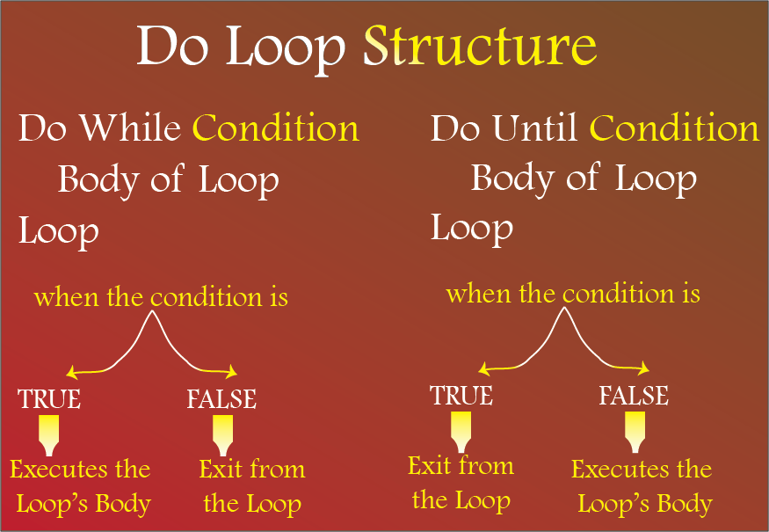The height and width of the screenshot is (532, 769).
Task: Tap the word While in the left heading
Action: click(130, 128)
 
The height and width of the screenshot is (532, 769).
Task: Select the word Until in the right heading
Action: click(534, 128)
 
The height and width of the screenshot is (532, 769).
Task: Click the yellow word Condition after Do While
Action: click(276, 128)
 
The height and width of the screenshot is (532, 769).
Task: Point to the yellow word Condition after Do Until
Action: click(674, 128)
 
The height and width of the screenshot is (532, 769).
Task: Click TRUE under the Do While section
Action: click(49, 398)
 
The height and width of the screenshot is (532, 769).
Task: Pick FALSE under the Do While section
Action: click(221, 398)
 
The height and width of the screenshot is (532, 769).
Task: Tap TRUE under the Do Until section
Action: click(461, 395)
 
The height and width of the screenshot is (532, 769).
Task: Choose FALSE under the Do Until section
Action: click(634, 395)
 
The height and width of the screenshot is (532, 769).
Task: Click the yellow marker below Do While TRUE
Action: click(48, 435)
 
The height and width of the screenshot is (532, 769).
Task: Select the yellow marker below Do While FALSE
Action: click(222, 435)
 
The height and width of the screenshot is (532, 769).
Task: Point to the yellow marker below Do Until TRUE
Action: click(461, 432)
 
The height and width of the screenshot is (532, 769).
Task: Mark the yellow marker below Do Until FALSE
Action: click(635, 432)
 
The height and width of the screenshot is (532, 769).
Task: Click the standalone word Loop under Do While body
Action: click(58, 231)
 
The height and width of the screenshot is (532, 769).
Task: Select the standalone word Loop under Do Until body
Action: click(472, 229)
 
